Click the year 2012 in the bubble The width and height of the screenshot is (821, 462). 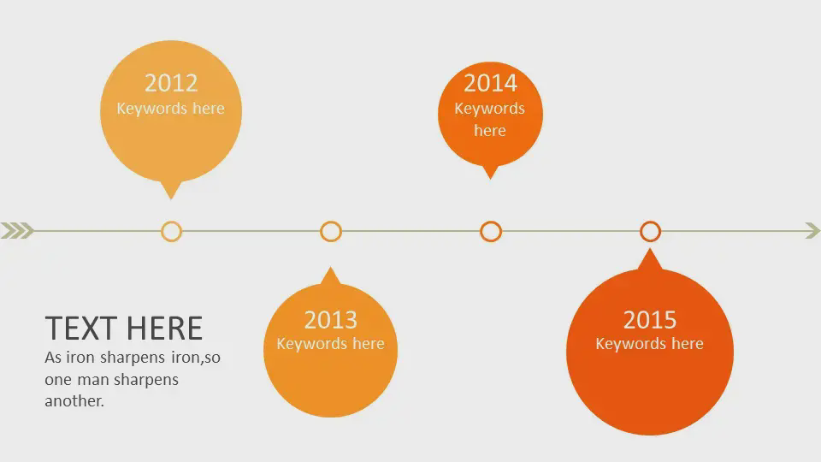171,83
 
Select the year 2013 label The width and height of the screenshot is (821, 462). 330,319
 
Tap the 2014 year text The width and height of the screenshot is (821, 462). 490,83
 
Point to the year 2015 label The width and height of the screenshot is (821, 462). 650,319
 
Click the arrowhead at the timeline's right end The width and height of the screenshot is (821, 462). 812,230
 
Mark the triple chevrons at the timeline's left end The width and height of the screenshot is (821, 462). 17,230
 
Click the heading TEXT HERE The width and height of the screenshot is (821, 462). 123,329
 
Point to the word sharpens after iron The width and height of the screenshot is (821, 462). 132,358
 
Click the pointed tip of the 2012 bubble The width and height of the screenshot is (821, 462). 171,199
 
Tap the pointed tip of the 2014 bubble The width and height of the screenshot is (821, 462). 490,179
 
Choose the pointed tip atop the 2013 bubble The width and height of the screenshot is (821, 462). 330,268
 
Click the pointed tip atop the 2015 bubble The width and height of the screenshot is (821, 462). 650,249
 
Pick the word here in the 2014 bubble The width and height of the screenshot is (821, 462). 490,130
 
